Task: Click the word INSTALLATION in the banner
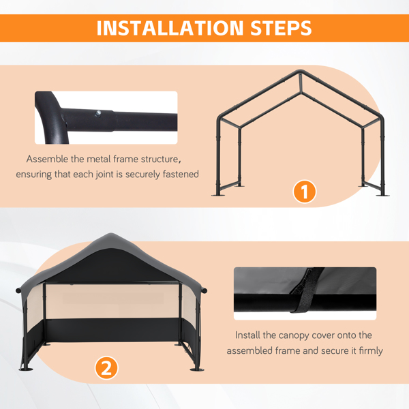(170, 28)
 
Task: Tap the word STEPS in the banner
(281, 28)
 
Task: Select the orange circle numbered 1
(305, 192)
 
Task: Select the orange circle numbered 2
(106, 368)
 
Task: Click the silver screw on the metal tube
(98, 113)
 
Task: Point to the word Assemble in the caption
(47, 159)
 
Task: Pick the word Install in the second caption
(247, 335)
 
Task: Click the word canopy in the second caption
(294, 335)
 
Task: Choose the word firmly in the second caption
(371, 350)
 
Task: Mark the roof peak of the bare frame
(300, 71)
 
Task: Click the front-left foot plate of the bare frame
(218, 194)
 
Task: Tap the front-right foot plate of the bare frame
(382, 194)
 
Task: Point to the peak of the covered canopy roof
(111, 234)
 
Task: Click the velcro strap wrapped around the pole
(305, 290)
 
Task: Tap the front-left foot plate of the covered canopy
(26, 369)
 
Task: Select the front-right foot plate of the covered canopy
(197, 369)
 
